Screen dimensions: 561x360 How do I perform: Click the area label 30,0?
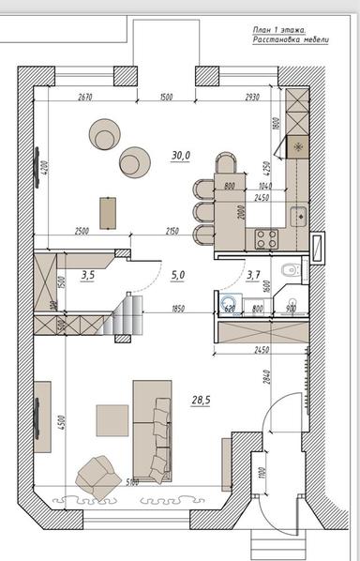(x=181, y=155)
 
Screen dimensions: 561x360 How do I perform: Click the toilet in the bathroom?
(x=292, y=272)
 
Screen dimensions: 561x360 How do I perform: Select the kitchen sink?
(x=297, y=215)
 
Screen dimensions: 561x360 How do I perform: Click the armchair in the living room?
(x=97, y=476)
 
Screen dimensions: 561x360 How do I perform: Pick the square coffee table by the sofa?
(x=112, y=420)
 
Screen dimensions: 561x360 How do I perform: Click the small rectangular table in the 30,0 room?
(x=109, y=211)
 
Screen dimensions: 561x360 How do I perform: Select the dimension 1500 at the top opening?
(x=166, y=97)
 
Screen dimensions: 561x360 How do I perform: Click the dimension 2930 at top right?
(x=251, y=97)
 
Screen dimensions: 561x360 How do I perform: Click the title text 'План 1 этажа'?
(x=278, y=30)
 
